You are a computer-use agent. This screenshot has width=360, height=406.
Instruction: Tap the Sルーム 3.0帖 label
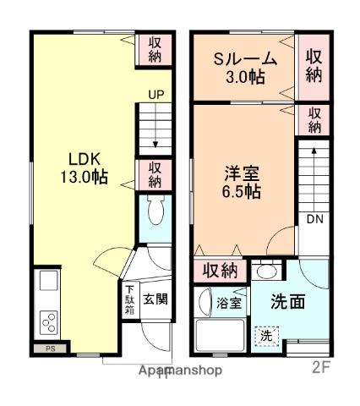(244, 68)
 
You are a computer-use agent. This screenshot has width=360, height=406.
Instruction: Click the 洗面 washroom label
(287, 303)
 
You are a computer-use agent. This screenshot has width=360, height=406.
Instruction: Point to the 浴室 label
(227, 302)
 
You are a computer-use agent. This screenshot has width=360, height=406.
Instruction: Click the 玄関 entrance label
(154, 299)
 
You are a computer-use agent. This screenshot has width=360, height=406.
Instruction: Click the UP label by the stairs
(155, 96)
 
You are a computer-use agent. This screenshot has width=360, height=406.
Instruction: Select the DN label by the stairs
(315, 220)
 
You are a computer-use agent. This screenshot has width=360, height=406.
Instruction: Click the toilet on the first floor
(155, 212)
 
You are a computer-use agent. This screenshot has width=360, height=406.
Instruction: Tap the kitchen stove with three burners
(49, 321)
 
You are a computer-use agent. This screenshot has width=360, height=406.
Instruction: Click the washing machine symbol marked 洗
(267, 333)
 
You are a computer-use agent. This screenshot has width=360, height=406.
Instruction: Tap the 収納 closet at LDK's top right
(155, 50)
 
